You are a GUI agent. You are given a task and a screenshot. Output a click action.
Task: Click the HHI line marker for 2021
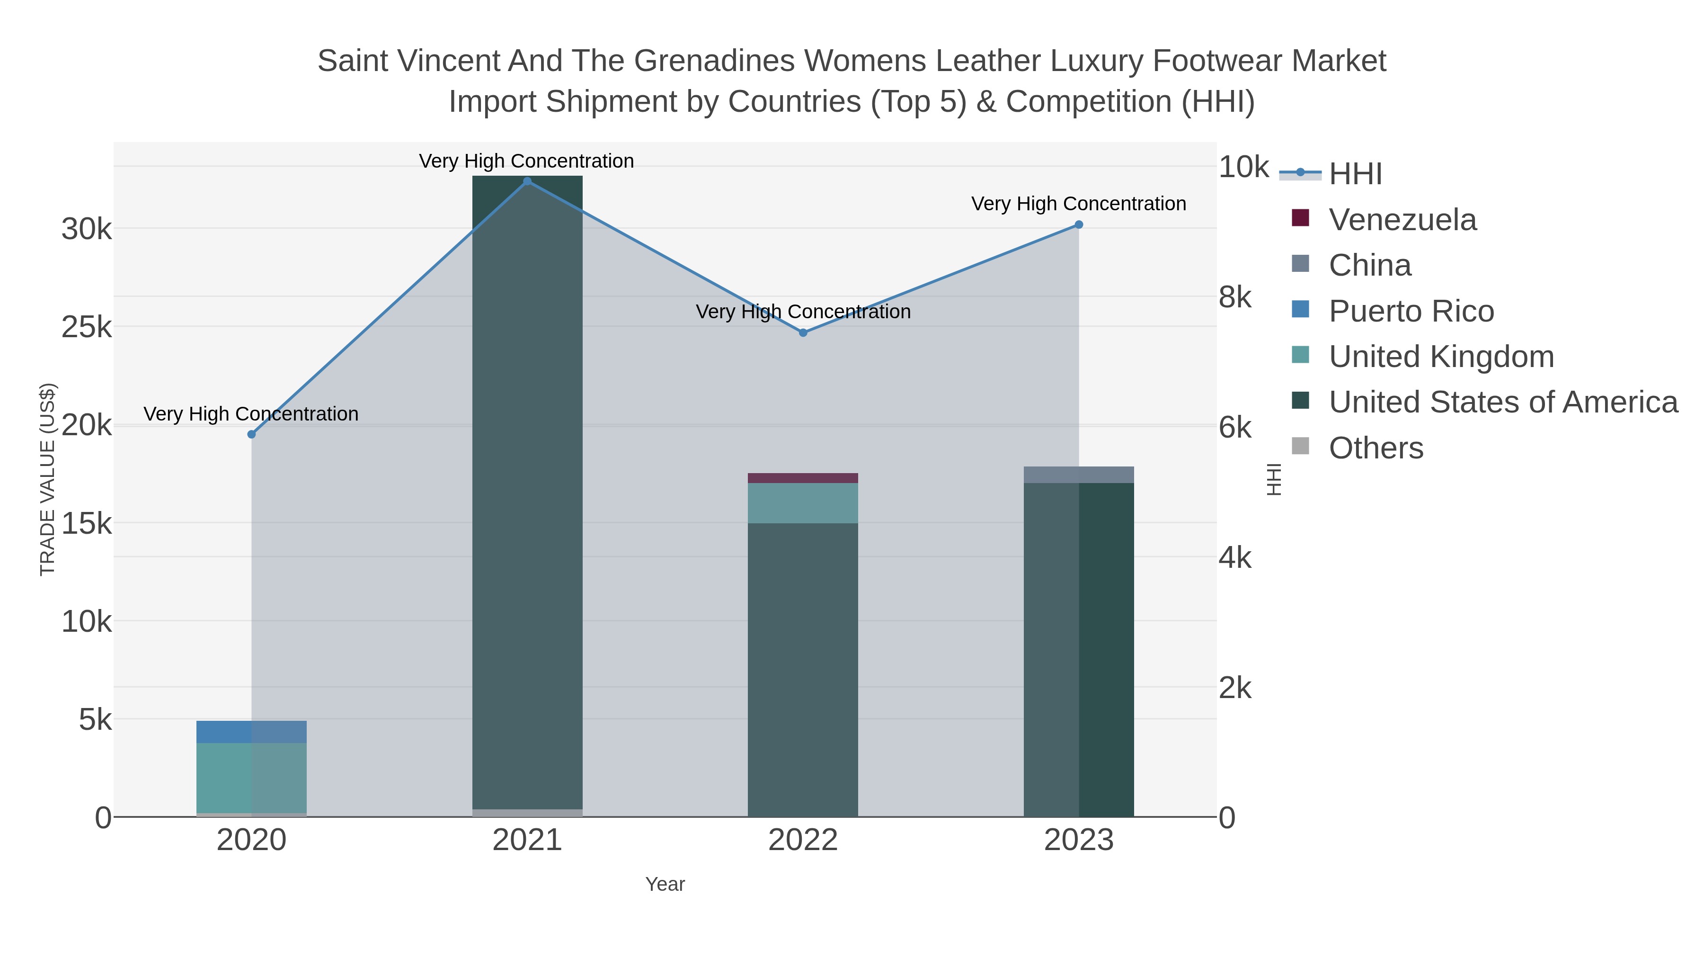(527, 181)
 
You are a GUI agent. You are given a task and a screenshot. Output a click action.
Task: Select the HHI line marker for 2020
(251, 434)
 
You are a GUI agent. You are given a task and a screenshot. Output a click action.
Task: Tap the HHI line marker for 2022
(803, 333)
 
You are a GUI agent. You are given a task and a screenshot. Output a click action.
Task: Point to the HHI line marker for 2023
(1079, 225)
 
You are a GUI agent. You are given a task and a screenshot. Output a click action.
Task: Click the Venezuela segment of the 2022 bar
(803, 478)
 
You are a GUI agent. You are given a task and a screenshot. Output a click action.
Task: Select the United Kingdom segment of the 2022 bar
(803, 503)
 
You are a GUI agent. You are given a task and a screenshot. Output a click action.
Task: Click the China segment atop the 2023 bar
(1079, 475)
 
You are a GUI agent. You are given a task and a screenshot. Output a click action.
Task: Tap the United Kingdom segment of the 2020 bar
(251, 778)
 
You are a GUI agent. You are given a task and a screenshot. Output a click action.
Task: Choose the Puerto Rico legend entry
(1411, 311)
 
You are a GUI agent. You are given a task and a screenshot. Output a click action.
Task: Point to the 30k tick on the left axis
(87, 230)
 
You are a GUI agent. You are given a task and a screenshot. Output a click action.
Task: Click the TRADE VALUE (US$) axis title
(48, 479)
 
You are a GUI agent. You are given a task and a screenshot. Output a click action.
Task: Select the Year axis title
(665, 884)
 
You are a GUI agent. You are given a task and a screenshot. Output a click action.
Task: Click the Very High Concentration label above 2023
(1078, 204)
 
